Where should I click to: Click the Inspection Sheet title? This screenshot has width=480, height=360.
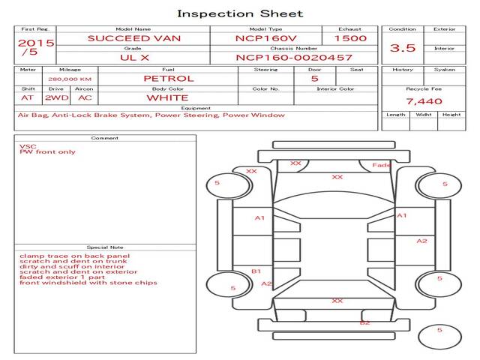tap(240, 13)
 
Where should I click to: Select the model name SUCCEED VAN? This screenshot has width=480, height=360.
tap(134, 38)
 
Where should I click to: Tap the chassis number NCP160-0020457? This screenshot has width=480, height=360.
tap(294, 58)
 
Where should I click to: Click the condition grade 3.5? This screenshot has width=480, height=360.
tap(403, 48)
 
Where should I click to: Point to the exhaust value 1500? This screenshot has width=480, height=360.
tap(350, 38)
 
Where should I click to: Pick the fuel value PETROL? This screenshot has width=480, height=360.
tap(169, 79)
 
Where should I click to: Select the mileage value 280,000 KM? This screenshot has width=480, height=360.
tap(70, 79)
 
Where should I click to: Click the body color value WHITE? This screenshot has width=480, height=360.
tap(167, 98)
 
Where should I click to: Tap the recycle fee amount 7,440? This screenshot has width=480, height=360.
tap(424, 101)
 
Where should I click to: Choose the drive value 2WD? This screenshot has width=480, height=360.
tap(57, 98)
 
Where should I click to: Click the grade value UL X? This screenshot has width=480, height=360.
tap(134, 58)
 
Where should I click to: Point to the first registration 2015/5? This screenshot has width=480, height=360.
tap(36, 46)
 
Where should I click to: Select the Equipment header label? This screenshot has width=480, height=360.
tap(196, 108)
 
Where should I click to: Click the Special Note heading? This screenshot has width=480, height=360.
tap(105, 247)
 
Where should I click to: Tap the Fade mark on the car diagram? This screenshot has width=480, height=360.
tap(381, 165)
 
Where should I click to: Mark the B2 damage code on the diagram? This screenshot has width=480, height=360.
tap(365, 322)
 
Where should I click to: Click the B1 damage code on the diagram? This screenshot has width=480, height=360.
tap(256, 271)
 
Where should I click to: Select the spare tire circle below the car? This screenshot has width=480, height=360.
tap(439, 337)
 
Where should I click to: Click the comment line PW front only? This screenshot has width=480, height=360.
tap(47, 151)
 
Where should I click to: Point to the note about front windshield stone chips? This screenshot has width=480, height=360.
tap(88, 283)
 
